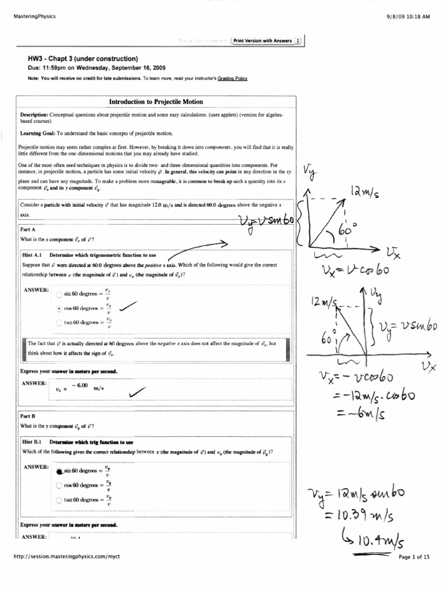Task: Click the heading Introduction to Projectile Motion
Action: [156, 102]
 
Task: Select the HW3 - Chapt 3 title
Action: [83, 59]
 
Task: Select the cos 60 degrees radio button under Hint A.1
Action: [59, 309]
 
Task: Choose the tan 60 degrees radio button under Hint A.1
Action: [59, 323]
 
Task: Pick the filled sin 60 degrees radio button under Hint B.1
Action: [59, 471]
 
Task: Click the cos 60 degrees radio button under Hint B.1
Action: [59, 485]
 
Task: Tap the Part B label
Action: [29, 416]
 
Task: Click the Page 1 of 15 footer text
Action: [414, 557]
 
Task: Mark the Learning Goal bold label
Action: [37, 133]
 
